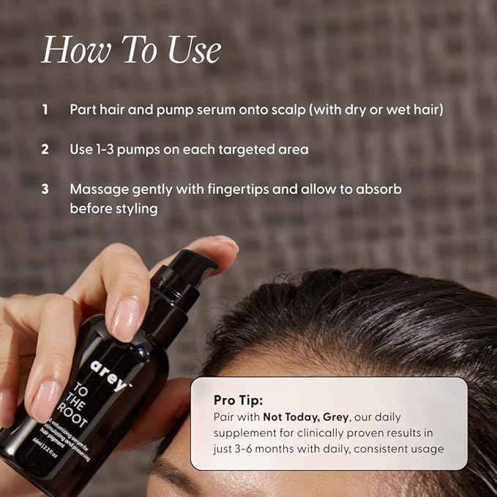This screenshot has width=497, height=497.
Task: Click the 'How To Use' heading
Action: (x=131, y=51)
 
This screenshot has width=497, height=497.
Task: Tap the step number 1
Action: (x=45, y=109)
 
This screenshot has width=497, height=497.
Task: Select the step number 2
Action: (x=45, y=149)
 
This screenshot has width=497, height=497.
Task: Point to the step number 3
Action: (x=45, y=189)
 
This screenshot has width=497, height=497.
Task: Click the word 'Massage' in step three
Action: (x=96, y=189)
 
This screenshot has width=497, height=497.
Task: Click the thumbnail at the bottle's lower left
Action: (x=45, y=399)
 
